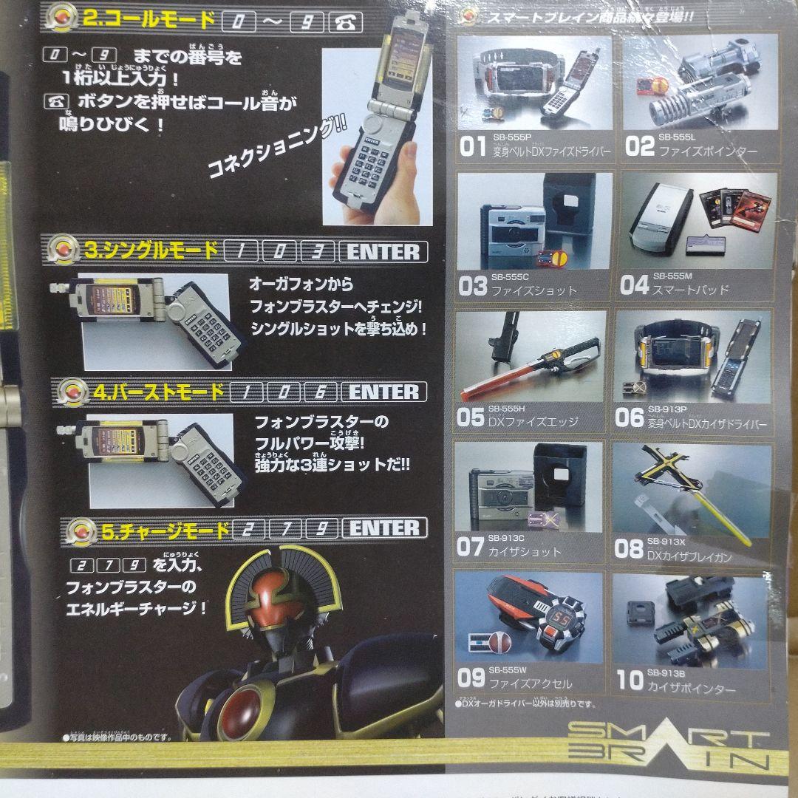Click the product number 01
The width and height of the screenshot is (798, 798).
coord(473,147)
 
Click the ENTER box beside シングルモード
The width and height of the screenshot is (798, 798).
coord(383,251)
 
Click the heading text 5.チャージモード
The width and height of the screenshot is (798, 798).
coord(166,529)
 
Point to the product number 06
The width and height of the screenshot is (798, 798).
coord(630,418)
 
